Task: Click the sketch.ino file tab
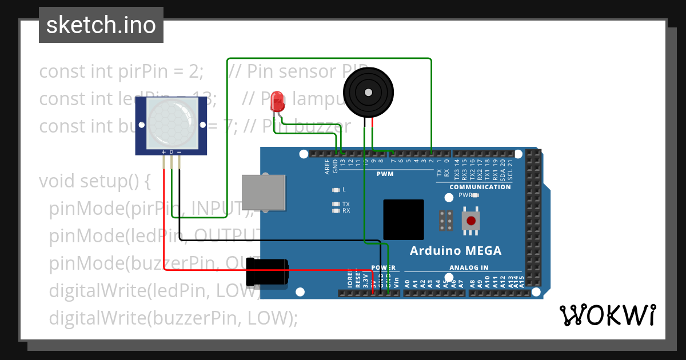click(101, 25)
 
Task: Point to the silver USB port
click(263, 193)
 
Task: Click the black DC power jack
click(267, 271)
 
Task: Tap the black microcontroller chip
click(404, 219)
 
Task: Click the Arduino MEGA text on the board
click(456, 251)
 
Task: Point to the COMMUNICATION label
click(480, 187)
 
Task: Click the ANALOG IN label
click(469, 267)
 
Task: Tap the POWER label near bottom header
click(383, 267)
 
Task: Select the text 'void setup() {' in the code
click(94, 181)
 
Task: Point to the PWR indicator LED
click(474, 195)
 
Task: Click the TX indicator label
click(346, 203)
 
